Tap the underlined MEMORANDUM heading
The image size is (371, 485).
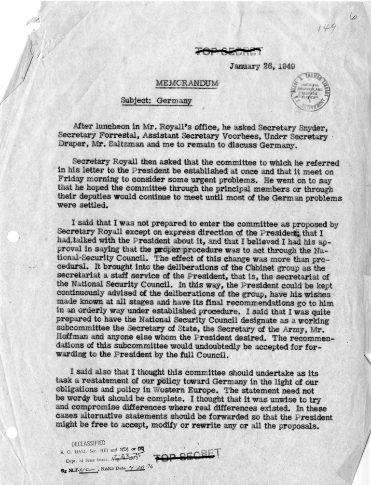click(187, 83)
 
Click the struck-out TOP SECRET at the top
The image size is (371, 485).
click(229, 50)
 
